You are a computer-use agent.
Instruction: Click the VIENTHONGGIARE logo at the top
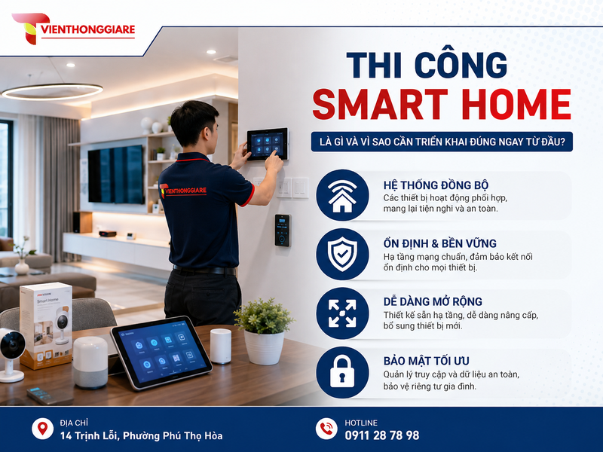tap(73, 29)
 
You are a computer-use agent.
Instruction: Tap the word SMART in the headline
tap(381, 105)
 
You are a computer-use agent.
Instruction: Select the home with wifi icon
tap(342, 195)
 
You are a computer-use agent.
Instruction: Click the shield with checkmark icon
tap(342, 254)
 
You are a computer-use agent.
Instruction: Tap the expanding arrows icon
tap(342, 313)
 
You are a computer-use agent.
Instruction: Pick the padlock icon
tap(342, 372)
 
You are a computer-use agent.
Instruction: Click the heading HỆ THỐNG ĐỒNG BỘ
tap(436, 185)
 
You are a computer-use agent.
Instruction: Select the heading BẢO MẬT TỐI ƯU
tap(426, 361)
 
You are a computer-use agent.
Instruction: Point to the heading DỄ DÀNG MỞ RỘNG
tap(433, 301)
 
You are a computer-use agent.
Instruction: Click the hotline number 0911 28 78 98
tap(382, 435)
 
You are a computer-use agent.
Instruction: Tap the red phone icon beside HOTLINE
tap(326, 429)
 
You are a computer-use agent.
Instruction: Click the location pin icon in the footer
tap(43, 429)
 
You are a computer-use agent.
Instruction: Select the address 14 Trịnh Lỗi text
tap(141, 435)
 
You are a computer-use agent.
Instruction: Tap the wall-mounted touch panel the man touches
tap(268, 144)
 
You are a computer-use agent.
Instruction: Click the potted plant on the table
tap(264, 331)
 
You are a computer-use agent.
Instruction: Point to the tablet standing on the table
tap(161, 352)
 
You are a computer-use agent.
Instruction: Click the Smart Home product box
tap(46, 325)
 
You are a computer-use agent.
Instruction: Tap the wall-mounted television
tap(116, 175)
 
